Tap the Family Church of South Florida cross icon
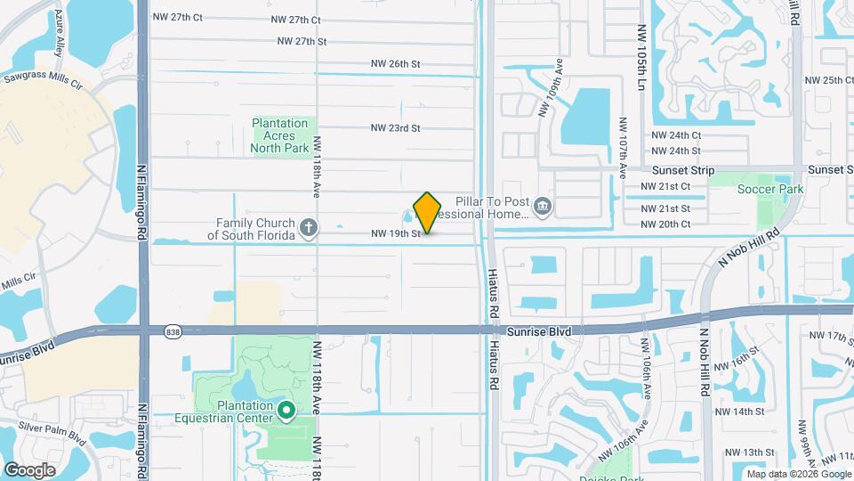[x=309, y=227]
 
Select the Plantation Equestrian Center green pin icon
[x=286, y=411]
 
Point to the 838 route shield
[x=173, y=331]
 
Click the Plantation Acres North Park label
[x=279, y=135]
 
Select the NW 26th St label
[x=397, y=64]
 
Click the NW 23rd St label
[x=397, y=128]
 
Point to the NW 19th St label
[x=395, y=234]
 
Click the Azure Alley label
[x=60, y=34]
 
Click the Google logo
[x=29, y=469]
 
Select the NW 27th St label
[x=302, y=41]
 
